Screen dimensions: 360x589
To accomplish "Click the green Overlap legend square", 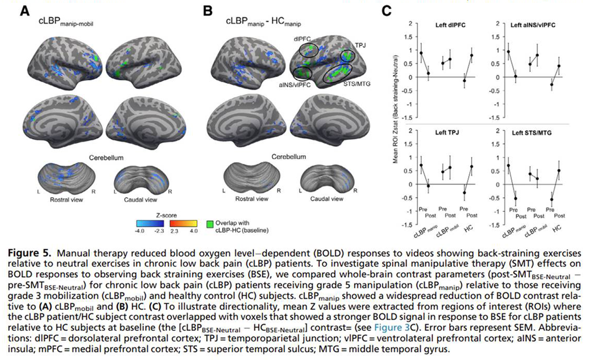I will coord(209,224).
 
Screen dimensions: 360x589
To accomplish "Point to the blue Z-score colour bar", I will coord(150,223).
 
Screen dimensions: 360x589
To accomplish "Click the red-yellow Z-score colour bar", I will coord(184,223).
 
